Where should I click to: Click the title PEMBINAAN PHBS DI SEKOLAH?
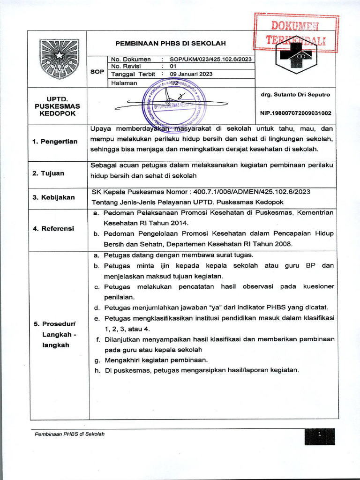pyautogui.click(x=171, y=43)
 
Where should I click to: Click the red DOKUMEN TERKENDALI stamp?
pyautogui.click(x=296, y=32)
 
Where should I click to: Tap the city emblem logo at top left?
pyautogui.click(x=59, y=59)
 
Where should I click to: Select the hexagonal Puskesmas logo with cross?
pyautogui.click(x=296, y=59)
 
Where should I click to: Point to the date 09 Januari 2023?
pyautogui.click(x=191, y=74)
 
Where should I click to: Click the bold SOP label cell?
pyautogui.click(x=97, y=71)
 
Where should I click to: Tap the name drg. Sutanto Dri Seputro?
pyautogui.click(x=295, y=95)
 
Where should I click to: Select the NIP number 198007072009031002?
pyautogui.click(x=295, y=113)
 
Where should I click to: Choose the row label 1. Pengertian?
pyautogui.click(x=55, y=142)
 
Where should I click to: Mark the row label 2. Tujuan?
pyautogui.click(x=49, y=173)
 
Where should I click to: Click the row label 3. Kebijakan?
pyautogui.click(x=53, y=197)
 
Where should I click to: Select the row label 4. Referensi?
pyautogui.click(x=53, y=229)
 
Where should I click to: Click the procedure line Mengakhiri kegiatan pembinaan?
pyautogui.click(x=155, y=360)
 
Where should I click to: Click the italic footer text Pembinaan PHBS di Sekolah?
pyautogui.click(x=70, y=434)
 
